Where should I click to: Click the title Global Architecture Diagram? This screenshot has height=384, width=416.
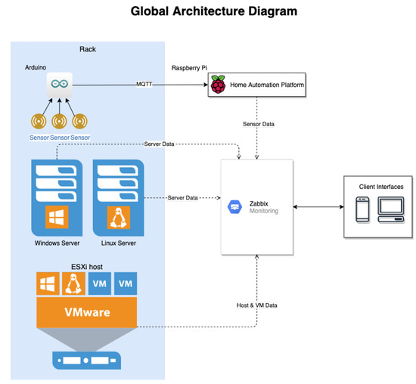point(209,11)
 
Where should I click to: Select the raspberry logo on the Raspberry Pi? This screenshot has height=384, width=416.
point(219,85)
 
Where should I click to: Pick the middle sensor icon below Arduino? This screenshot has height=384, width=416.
point(59,121)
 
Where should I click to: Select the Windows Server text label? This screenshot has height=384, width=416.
point(57,243)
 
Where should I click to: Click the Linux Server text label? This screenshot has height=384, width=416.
point(118,243)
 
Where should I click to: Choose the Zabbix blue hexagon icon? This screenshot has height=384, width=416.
point(234,206)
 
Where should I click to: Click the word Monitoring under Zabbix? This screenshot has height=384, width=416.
point(263,211)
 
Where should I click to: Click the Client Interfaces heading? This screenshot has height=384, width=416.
point(380,186)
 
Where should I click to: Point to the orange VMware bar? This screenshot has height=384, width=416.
point(87,310)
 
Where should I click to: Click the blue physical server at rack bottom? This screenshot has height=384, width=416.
point(87,359)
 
